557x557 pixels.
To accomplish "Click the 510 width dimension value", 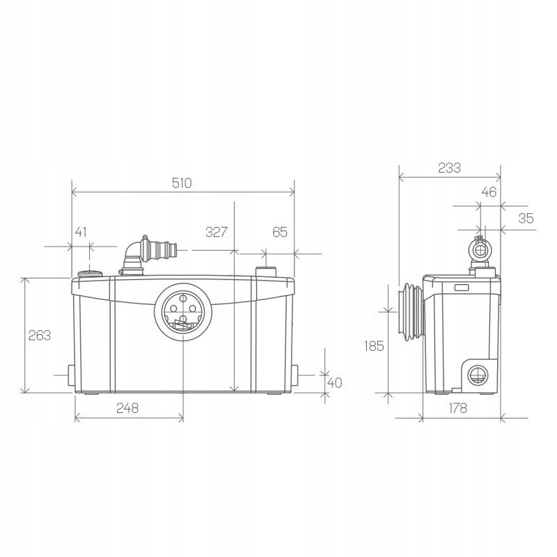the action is [x=182, y=183].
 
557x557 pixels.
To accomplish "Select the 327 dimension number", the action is [x=217, y=232].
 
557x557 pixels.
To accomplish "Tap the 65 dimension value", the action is [x=279, y=232].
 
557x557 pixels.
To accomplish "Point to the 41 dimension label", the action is [x=81, y=232].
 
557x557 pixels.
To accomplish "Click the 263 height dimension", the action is [x=40, y=335].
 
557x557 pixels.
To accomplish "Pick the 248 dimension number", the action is [x=127, y=408].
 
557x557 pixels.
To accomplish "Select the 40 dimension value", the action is [x=335, y=382].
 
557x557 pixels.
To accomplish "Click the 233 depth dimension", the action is [x=449, y=168].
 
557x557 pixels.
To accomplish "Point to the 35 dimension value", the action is [x=526, y=218].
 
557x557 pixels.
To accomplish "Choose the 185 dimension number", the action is [x=374, y=345].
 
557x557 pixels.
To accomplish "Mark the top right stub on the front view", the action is [x=267, y=270].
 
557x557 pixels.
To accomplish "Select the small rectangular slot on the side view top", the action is [x=462, y=287].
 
